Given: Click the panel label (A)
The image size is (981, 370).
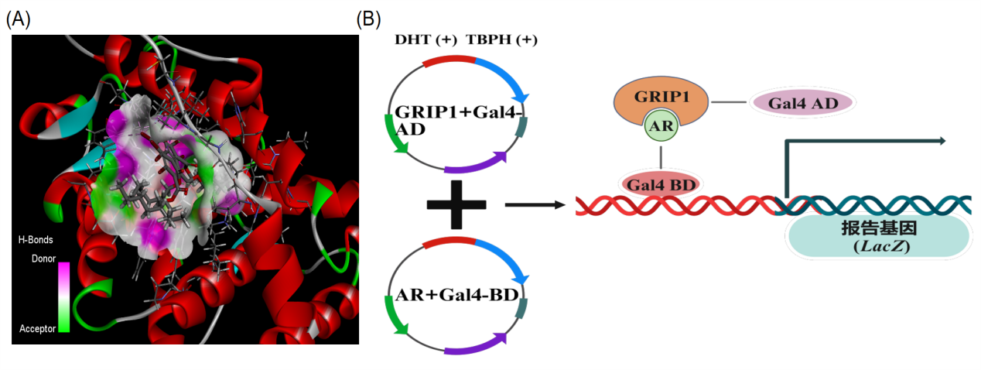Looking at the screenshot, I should [x=18, y=20].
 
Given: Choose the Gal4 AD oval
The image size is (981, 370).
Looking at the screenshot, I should [x=802, y=103].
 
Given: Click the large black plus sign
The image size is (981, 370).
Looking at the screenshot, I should [x=456, y=205].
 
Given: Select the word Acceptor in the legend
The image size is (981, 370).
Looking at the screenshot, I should [x=38, y=328].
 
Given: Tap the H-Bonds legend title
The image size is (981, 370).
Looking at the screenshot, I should [x=35, y=240].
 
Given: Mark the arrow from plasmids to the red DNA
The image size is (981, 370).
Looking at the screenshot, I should [x=533, y=205].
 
